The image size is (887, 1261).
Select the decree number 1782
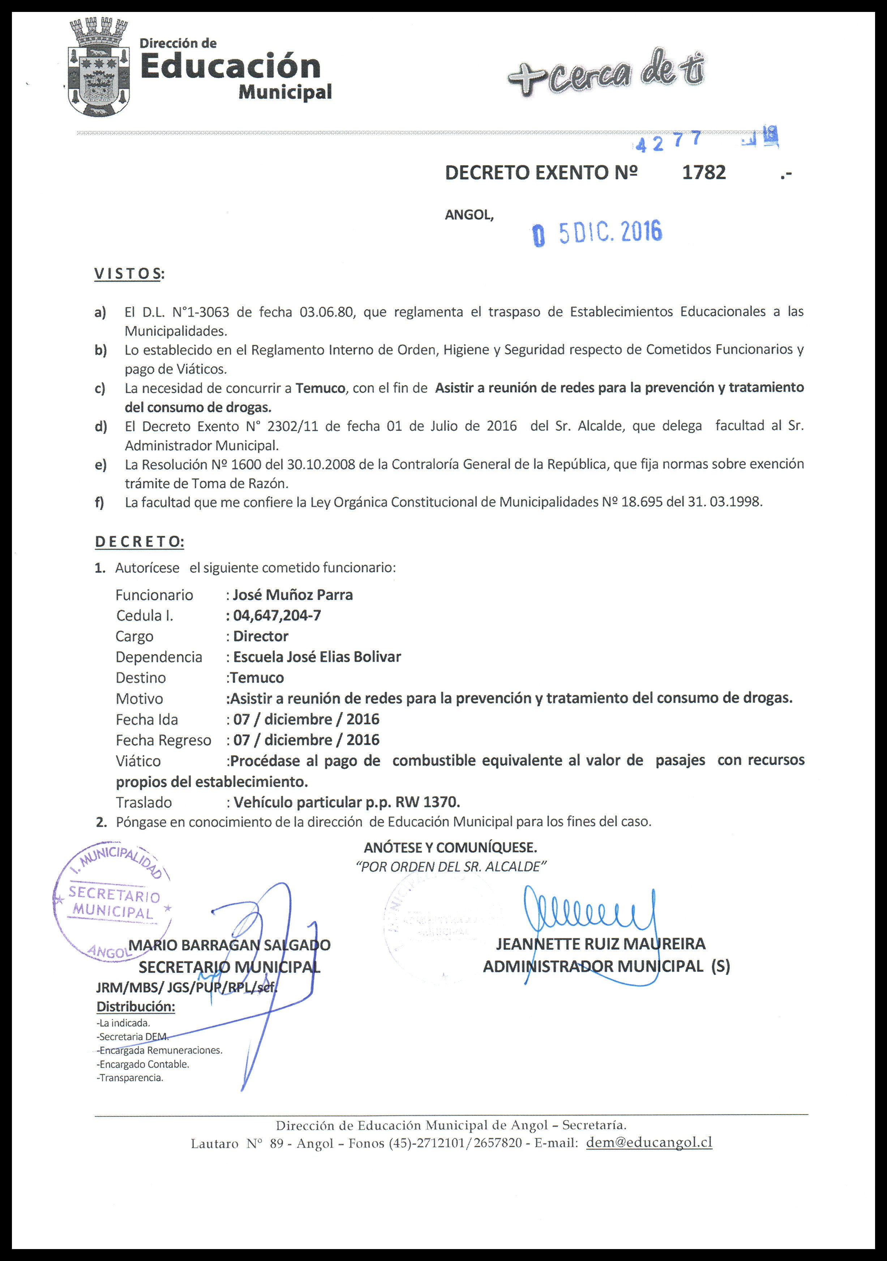pyautogui.click(x=704, y=172)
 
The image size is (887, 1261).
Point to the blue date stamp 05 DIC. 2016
pyautogui.click(x=598, y=233)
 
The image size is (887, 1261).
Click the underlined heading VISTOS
pyautogui.click(x=128, y=273)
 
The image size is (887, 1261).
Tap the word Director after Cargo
pyautogui.click(x=261, y=636)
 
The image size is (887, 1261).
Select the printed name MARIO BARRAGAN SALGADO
pyautogui.click(x=230, y=945)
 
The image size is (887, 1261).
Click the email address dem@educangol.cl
pyautogui.click(x=649, y=1142)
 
